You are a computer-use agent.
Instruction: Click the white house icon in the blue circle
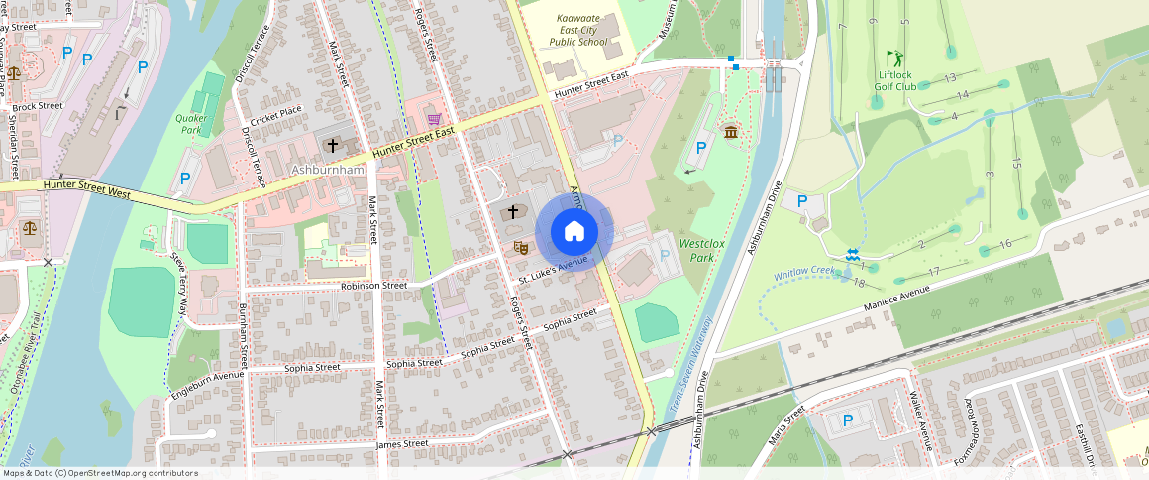point(574,232)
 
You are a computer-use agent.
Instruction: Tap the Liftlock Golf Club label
point(895,80)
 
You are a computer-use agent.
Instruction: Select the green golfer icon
point(894,59)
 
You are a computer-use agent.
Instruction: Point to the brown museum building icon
point(731,133)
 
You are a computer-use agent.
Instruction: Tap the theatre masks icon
point(519,246)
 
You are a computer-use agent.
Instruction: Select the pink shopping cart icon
point(434,120)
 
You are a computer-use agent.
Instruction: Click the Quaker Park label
point(190,123)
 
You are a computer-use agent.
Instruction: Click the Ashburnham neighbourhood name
point(330,170)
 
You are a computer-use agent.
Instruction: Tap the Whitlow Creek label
point(805,272)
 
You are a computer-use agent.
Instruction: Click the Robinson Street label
point(373,286)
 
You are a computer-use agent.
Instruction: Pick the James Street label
point(402,444)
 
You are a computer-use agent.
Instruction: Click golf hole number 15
point(1016,163)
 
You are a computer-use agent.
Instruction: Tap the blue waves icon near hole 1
point(851,255)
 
